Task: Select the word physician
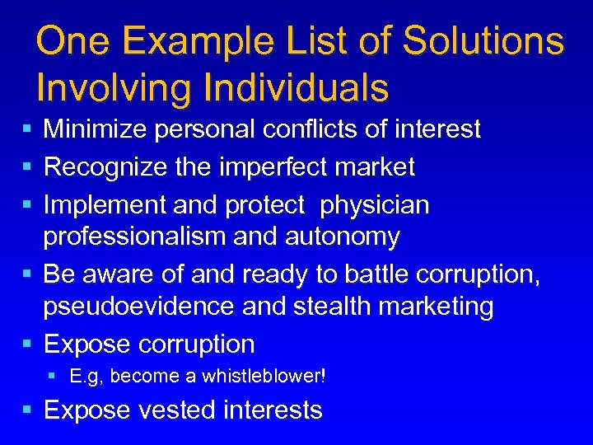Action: (x=375, y=205)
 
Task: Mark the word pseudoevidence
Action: (x=140, y=307)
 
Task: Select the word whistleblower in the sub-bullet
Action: (x=261, y=377)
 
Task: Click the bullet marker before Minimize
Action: (x=28, y=129)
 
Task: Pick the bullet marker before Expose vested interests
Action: (x=28, y=410)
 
